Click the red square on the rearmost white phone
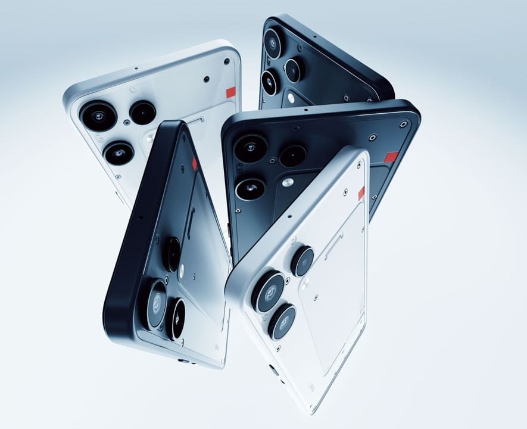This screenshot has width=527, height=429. pos(231,92)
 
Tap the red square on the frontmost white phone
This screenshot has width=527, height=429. pos(361,193)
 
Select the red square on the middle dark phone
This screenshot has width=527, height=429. pos(391,157)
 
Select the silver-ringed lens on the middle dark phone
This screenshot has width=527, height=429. pos(250,189)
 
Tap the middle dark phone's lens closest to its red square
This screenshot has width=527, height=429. pos(292,156)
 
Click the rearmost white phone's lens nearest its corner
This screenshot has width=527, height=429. pos(99,115)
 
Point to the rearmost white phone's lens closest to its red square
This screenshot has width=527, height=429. pos(143,112)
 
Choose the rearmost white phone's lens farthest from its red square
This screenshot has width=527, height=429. pos(119,153)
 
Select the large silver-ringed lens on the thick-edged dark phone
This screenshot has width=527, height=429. pos(157,303)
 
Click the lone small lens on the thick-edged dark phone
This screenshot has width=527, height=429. pos(172,253)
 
